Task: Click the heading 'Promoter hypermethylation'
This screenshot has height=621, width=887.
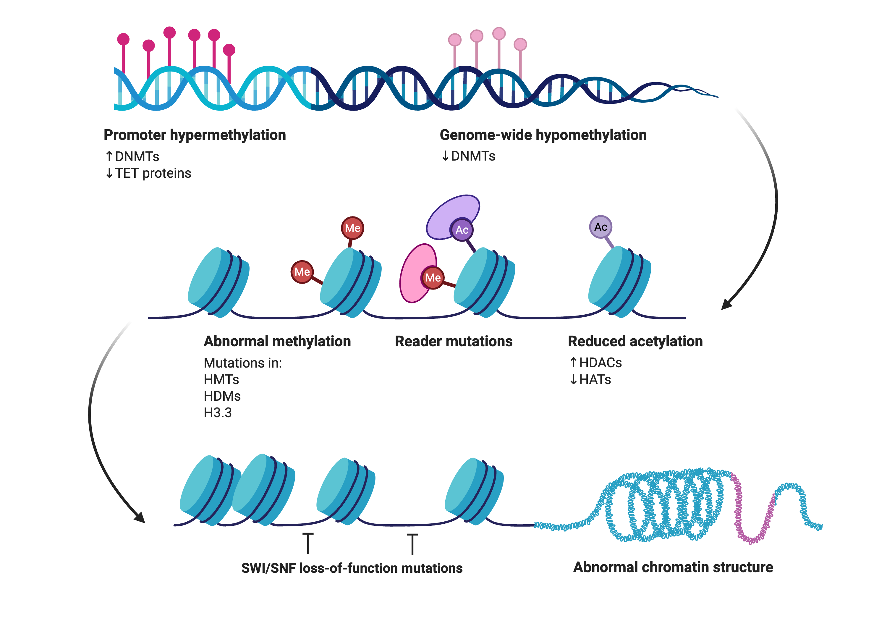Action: click(195, 135)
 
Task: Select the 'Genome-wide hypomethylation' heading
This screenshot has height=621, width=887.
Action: click(543, 135)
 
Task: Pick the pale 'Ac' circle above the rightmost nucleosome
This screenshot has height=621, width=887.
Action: click(601, 227)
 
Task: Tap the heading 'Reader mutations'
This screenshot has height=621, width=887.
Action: click(454, 342)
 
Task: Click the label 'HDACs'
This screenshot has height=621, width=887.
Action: click(601, 363)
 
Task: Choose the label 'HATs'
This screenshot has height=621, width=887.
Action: click(595, 380)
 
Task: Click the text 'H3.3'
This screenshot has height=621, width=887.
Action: click(218, 413)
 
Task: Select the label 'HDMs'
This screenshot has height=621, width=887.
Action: click(222, 396)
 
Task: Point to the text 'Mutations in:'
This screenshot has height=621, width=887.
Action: click(243, 363)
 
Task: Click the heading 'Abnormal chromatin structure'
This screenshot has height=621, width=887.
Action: click(673, 567)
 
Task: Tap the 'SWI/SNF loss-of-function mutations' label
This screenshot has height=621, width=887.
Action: click(352, 568)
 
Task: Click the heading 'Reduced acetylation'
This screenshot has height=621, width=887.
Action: click(635, 342)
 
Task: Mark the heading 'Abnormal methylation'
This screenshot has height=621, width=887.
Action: click(277, 342)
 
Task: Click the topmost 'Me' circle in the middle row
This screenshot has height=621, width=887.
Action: click(352, 228)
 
